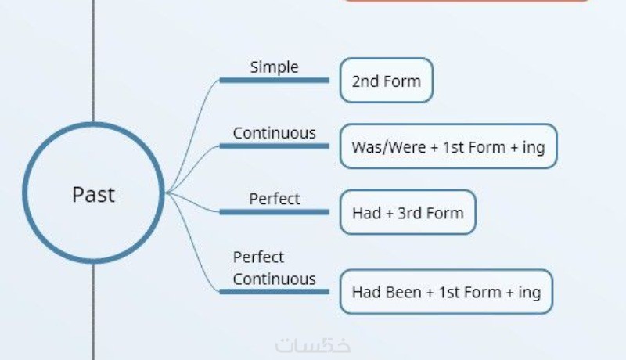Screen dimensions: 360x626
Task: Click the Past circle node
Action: (x=93, y=193)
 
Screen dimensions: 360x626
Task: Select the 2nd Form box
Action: (x=386, y=81)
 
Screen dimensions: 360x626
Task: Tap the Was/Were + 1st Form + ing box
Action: (x=448, y=146)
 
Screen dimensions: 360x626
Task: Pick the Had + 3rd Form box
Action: (x=408, y=212)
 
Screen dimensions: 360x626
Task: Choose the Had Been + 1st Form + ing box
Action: (x=446, y=293)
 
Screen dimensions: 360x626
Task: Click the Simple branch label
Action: (x=274, y=67)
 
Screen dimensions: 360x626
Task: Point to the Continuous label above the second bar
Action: (x=274, y=133)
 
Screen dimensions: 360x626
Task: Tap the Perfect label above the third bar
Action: (x=274, y=199)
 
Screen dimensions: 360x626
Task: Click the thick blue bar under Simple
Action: (x=274, y=80)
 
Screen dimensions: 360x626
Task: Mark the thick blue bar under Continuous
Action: (x=274, y=146)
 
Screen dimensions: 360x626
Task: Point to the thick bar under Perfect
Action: (x=274, y=211)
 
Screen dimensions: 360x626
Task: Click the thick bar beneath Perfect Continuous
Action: (x=274, y=291)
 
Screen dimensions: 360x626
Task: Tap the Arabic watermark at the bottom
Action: (x=313, y=345)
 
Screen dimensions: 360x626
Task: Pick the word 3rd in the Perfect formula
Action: (x=410, y=212)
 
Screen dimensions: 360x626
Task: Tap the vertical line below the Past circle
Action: (x=93, y=313)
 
